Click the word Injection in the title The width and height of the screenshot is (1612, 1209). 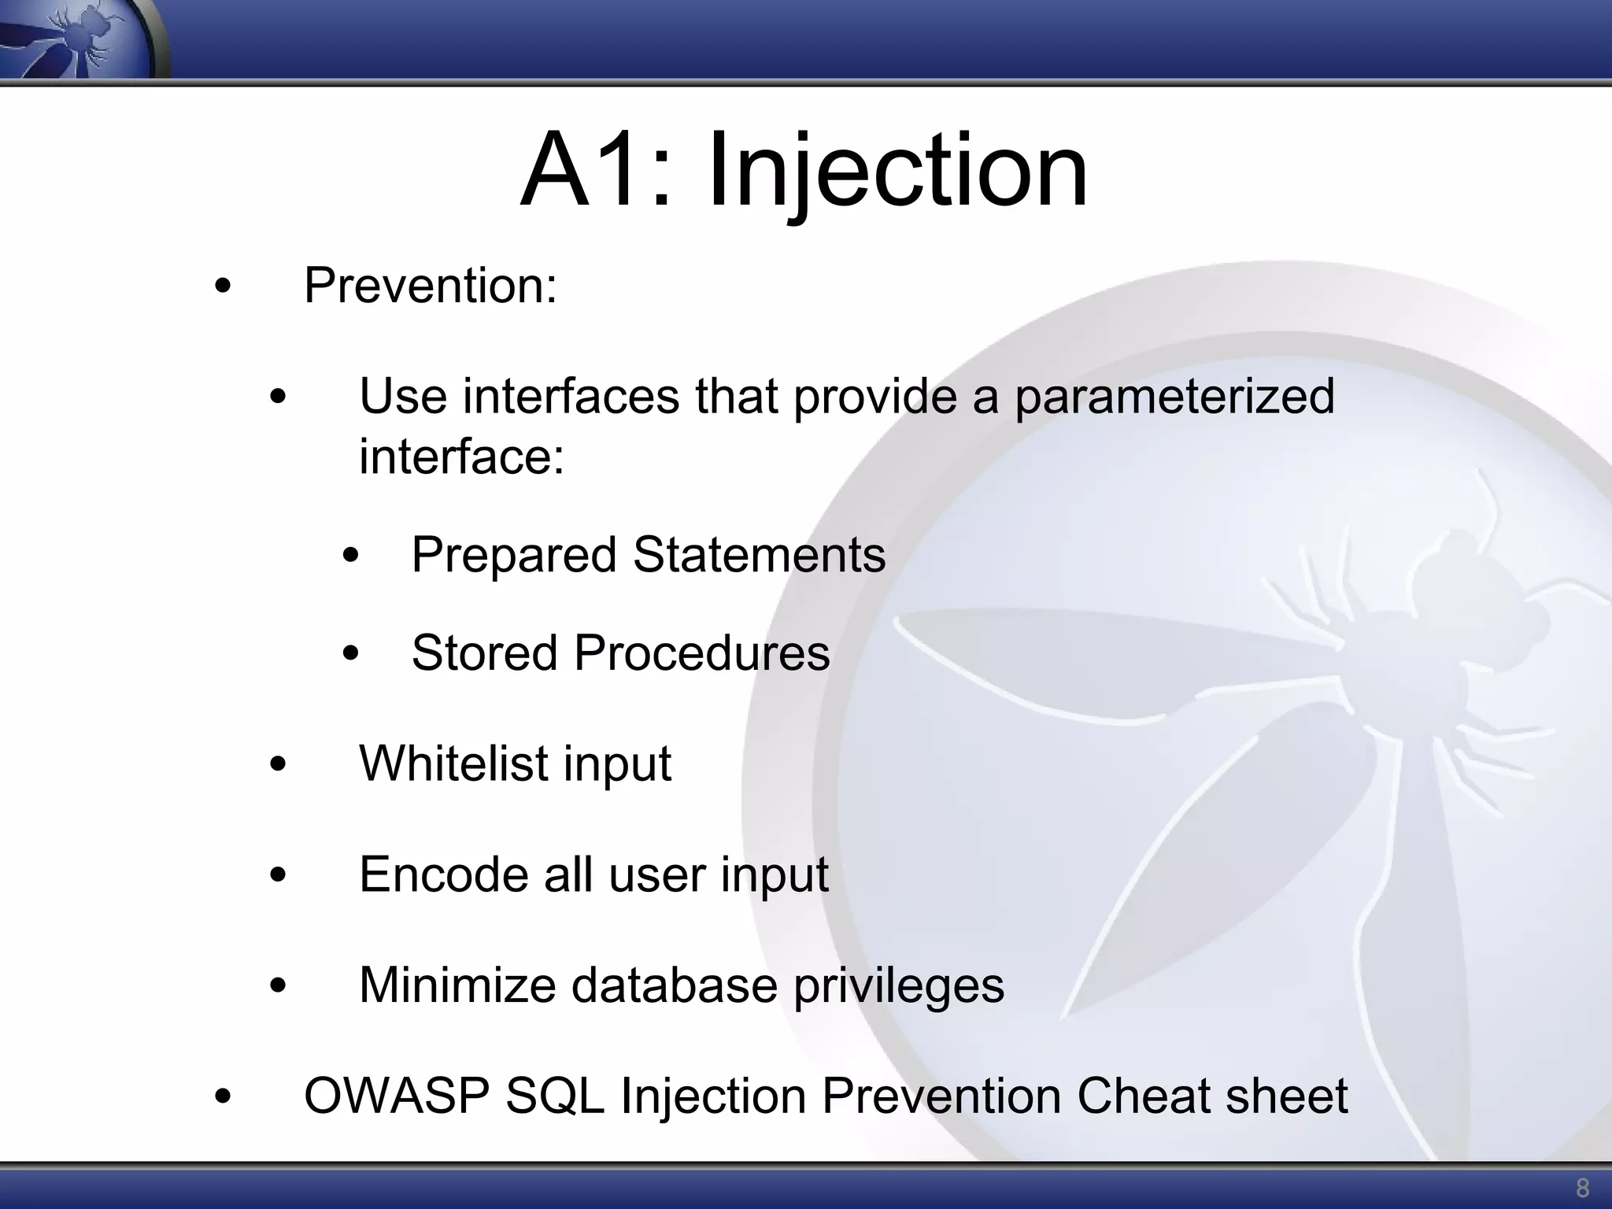(x=897, y=172)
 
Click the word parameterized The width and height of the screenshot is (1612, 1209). (x=1174, y=396)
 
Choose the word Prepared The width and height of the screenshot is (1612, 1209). (x=513, y=555)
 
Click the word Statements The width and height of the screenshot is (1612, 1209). (x=759, y=555)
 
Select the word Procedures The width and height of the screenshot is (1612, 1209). (x=701, y=653)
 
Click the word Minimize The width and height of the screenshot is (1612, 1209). (x=457, y=985)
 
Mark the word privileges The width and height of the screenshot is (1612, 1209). (x=898, y=985)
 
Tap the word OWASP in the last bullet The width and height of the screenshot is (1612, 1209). (x=396, y=1096)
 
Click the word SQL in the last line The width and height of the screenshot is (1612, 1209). (x=554, y=1096)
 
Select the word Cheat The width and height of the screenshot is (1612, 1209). (x=1144, y=1096)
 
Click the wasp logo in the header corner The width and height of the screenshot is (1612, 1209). (x=79, y=38)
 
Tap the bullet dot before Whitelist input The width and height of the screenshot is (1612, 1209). (x=277, y=764)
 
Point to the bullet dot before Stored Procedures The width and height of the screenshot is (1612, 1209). (x=350, y=654)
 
